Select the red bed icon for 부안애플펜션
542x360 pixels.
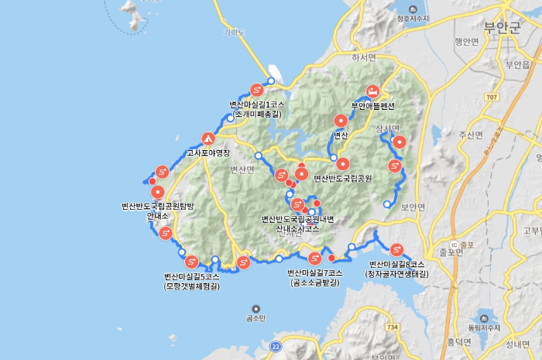pos(372,91)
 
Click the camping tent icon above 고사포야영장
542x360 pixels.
pos(208,139)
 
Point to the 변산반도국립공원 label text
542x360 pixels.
pos(343,178)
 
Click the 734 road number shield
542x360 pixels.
pos(393,327)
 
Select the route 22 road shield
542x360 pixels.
pos(276,346)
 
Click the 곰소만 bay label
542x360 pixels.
pos(256,317)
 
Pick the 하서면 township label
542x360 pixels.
pos(363,57)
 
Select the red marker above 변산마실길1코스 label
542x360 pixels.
pos(257,90)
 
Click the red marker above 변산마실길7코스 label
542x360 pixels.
pos(314,259)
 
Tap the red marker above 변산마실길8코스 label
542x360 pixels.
pos(397,249)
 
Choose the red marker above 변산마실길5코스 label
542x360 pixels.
pos(191,262)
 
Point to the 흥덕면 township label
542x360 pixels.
pos(459,341)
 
